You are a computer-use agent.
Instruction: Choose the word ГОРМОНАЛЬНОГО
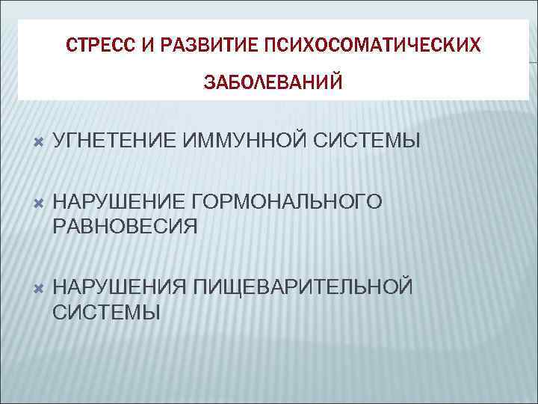pyautogui.click(x=286, y=201)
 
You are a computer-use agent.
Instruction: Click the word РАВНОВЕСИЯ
pyautogui.click(x=126, y=225)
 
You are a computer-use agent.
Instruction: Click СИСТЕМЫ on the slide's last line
pyautogui.click(x=107, y=311)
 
